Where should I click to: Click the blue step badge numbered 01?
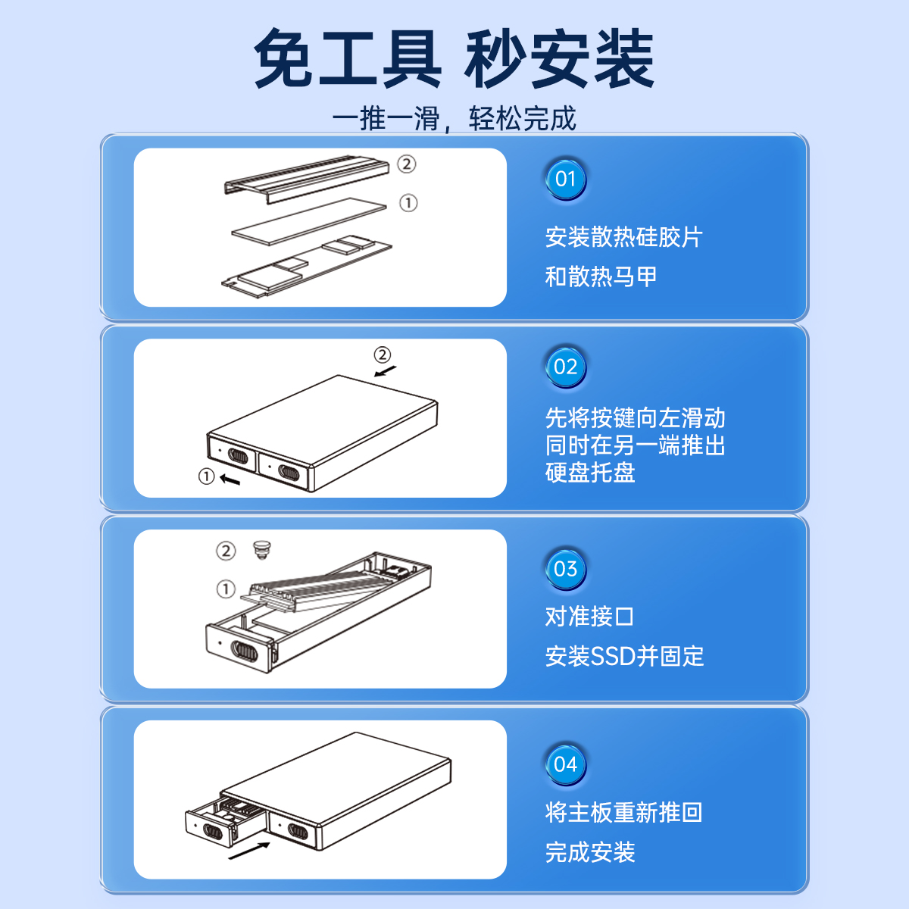point(565,180)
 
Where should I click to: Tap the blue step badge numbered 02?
point(565,367)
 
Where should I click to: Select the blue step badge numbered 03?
point(565,569)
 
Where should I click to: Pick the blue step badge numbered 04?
point(565,764)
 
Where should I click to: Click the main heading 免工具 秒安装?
point(454,58)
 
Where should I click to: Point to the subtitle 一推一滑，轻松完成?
point(454,118)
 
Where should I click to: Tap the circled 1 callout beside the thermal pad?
point(408,203)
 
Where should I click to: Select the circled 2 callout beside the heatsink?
point(406,164)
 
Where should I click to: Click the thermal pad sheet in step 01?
point(309,221)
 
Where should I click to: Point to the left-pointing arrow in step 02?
point(230,480)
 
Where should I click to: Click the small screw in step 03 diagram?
point(262,549)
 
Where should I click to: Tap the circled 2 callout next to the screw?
point(226,551)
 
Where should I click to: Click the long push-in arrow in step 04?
point(249,851)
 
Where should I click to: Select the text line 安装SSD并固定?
point(624,656)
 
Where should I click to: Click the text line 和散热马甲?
point(601,276)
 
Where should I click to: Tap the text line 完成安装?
point(590,852)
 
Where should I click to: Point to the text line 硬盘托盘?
point(590,472)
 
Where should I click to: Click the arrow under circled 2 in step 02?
point(386,371)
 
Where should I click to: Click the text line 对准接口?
point(589,617)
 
